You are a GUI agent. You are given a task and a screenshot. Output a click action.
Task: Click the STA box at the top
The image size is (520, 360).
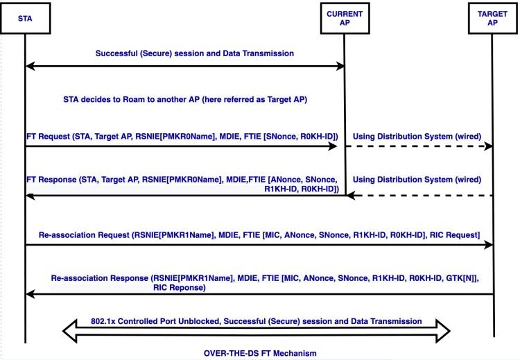click(x=25, y=18)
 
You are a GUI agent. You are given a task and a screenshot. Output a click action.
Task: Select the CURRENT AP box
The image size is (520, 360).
click(x=345, y=18)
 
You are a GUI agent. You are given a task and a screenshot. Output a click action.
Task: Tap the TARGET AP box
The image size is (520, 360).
click(x=493, y=18)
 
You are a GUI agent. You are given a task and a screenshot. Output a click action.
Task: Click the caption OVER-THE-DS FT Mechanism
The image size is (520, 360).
click(x=260, y=353)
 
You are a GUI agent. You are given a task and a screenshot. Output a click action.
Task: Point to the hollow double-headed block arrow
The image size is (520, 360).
click(x=256, y=331)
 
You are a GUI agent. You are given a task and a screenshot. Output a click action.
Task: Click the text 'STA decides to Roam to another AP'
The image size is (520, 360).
click(x=131, y=100)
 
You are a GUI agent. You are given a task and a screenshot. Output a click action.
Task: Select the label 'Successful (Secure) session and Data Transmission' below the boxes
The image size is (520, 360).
click(x=195, y=53)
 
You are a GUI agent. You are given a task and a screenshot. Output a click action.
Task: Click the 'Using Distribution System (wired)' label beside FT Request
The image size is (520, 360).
click(x=417, y=137)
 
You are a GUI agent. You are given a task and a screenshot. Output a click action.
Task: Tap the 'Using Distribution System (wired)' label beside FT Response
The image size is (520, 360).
click(x=417, y=180)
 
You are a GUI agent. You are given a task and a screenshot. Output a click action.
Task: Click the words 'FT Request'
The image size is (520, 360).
click(x=49, y=137)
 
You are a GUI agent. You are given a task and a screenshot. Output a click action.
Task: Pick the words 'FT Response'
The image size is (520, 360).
click(x=52, y=180)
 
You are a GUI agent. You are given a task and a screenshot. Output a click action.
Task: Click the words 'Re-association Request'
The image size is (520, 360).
click(x=84, y=235)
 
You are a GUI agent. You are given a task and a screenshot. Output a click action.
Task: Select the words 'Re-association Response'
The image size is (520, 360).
click(x=99, y=278)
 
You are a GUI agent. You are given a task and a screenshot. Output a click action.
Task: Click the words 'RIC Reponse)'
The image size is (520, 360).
click(x=180, y=287)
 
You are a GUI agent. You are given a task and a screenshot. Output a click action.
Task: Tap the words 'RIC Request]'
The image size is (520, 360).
click(x=455, y=235)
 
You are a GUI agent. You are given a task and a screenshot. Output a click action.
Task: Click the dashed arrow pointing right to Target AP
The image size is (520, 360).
click(x=419, y=146)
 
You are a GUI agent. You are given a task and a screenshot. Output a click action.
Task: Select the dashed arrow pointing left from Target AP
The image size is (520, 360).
click(x=419, y=196)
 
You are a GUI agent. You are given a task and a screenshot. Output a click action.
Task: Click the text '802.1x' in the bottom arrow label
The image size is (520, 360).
click(x=103, y=321)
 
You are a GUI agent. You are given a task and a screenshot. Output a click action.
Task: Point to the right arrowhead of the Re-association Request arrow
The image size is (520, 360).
click(x=489, y=245)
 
